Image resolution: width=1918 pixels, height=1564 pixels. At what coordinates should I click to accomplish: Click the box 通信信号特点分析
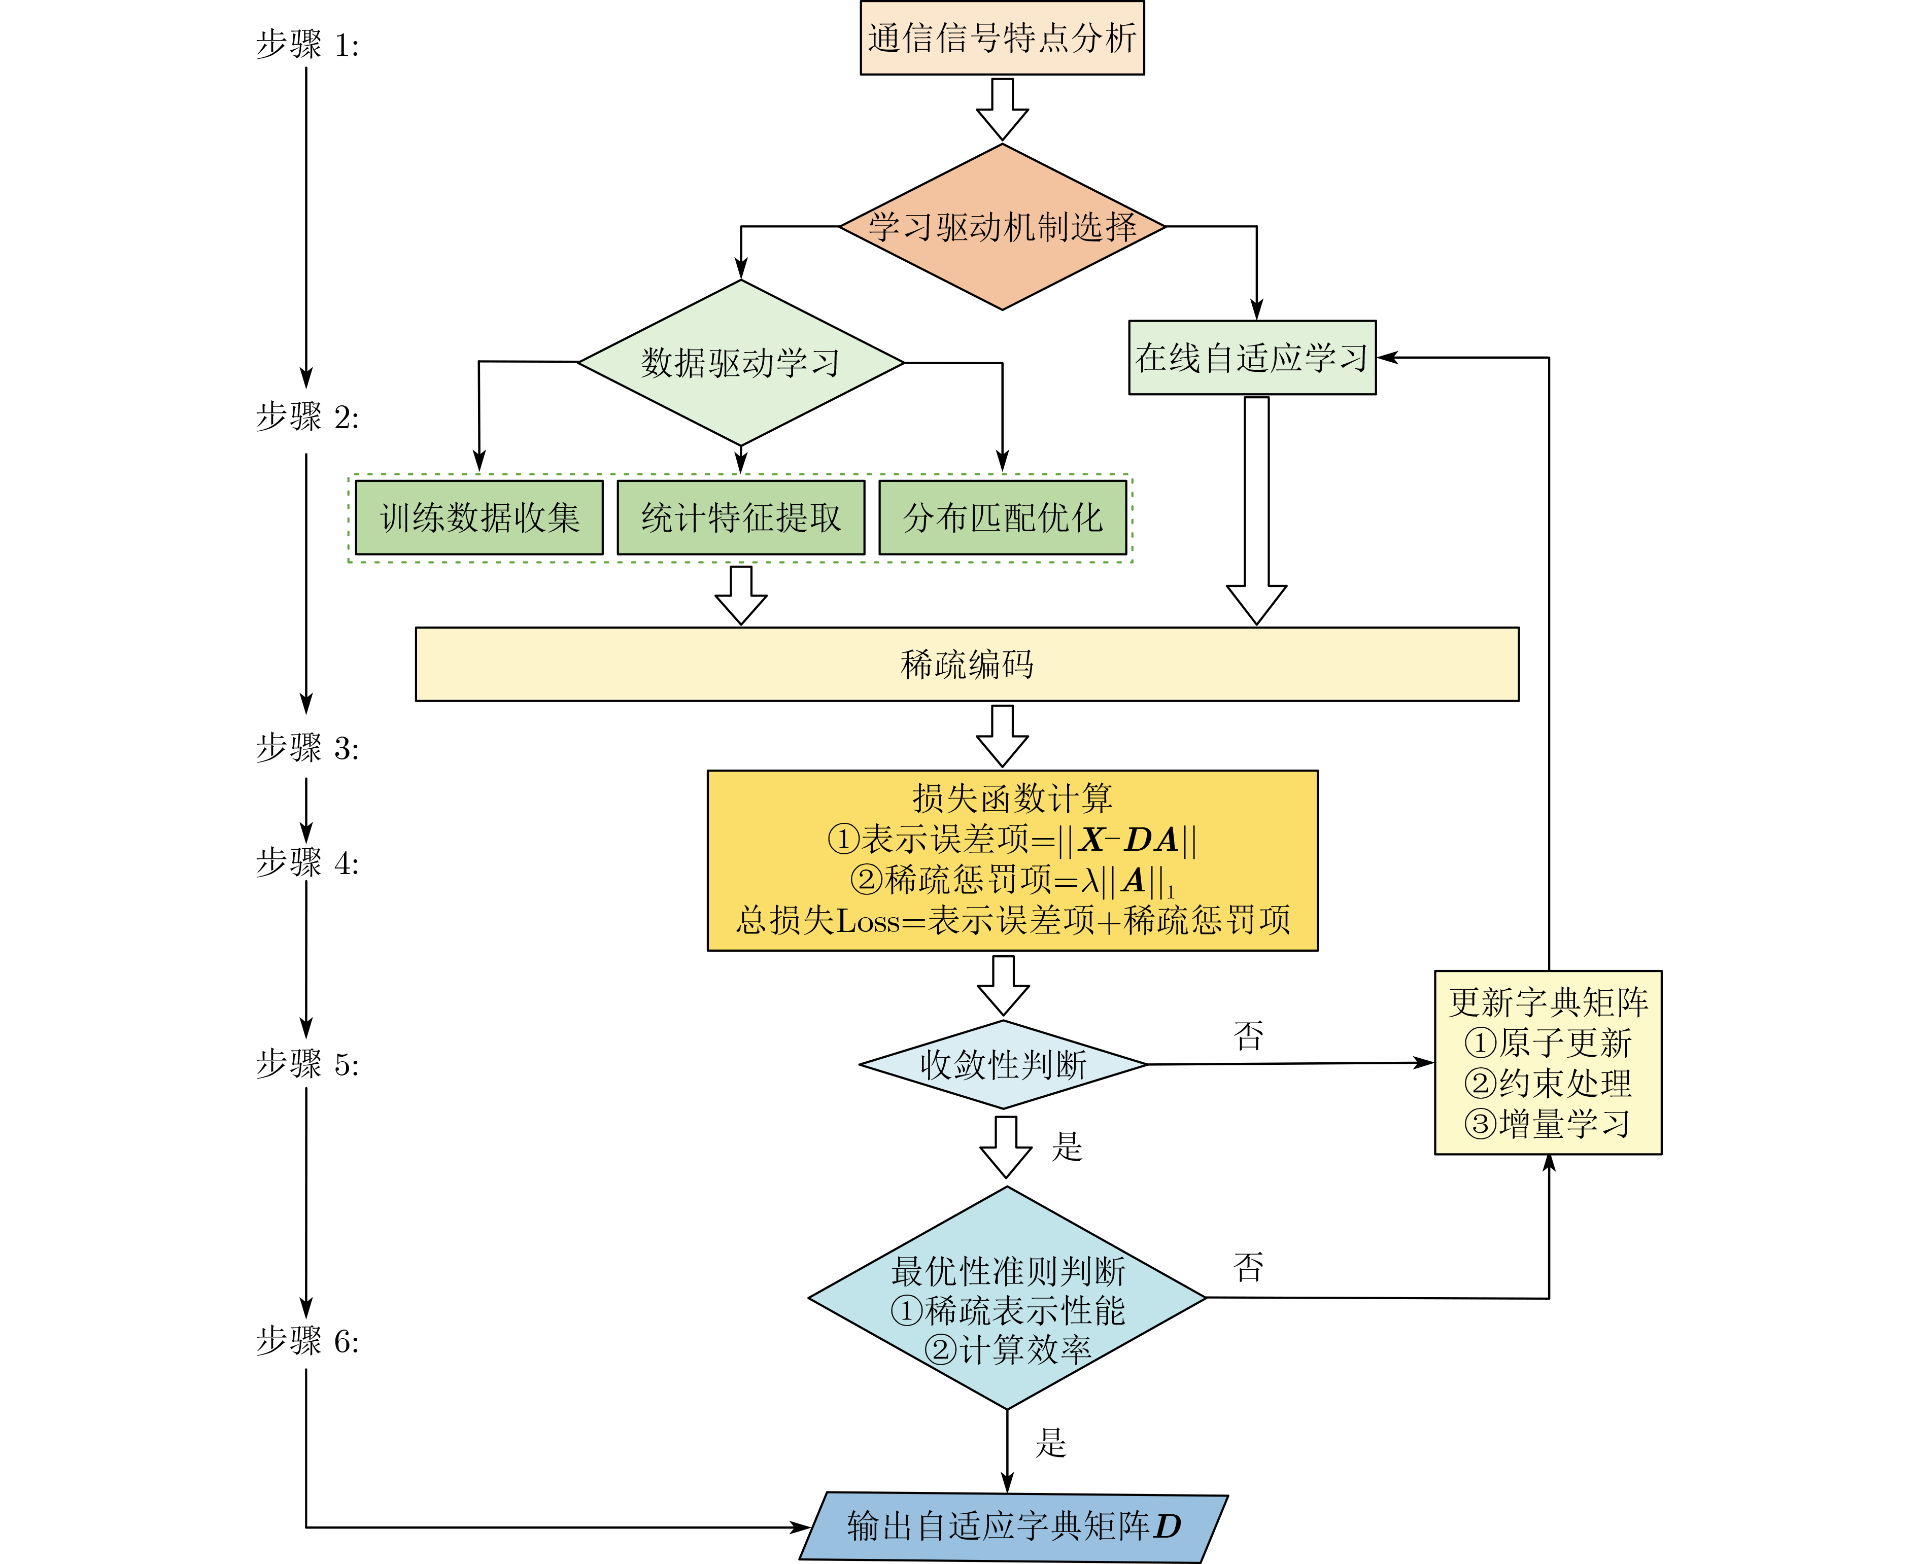pyautogui.click(x=1002, y=38)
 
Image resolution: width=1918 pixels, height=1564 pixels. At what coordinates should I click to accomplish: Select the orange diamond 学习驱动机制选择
pyautogui.click(x=1002, y=227)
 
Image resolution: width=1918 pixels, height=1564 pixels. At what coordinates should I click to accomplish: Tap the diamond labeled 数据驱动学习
pyautogui.click(x=740, y=363)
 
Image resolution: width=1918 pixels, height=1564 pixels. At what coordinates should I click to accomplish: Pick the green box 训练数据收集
pyautogui.click(x=479, y=517)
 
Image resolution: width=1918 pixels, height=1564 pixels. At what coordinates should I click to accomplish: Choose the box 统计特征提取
pyautogui.click(x=740, y=517)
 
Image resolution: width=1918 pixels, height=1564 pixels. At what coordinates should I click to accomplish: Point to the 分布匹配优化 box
pyautogui.click(x=1002, y=517)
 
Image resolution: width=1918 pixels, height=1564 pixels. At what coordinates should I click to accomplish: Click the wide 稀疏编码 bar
pyautogui.click(x=967, y=664)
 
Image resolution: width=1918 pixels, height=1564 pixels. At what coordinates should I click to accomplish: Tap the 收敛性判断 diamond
pyautogui.click(x=1003, y=1064)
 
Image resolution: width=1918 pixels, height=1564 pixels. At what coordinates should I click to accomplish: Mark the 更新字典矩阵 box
pyautogui.click(x=1548, y=1002)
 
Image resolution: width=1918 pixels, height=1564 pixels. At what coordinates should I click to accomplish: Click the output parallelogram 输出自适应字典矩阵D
pyautogui.click(x=1013, y=1526)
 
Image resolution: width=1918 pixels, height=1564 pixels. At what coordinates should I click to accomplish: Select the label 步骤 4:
pyautogui.click(x=307, y=863)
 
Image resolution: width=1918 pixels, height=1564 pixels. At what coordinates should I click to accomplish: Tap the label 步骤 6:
pyautogui.click(x=307, y=1341)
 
